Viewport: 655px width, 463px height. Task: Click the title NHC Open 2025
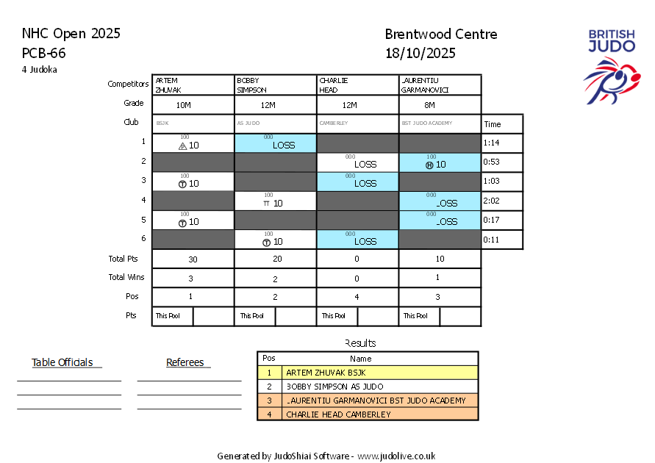[x=71, y=34]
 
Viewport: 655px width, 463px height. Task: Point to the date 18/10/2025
[x=420, y=53]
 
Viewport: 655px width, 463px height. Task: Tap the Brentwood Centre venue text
[x=440, y=35]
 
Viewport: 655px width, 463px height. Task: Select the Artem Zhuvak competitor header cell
[x=193, y=85]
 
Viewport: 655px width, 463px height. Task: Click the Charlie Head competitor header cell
[x=357, y=85]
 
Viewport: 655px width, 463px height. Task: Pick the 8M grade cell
[x=440, y=105]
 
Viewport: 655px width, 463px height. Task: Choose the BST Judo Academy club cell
[x=440, y=123]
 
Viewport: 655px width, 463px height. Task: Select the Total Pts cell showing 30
[x=193, y=259]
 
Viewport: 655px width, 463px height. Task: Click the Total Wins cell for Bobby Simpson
[x=275, y=279]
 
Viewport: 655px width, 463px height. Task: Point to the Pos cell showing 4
[x=357, y=298]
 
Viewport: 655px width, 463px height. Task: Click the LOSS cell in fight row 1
[x=276, y=143]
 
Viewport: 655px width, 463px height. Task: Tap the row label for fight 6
[x=144, y=239]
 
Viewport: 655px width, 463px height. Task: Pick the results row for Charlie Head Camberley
[x=368, y=414]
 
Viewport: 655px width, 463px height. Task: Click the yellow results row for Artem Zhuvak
[x=368, y=373]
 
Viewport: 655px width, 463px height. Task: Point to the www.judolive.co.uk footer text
[x=396, y=456]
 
